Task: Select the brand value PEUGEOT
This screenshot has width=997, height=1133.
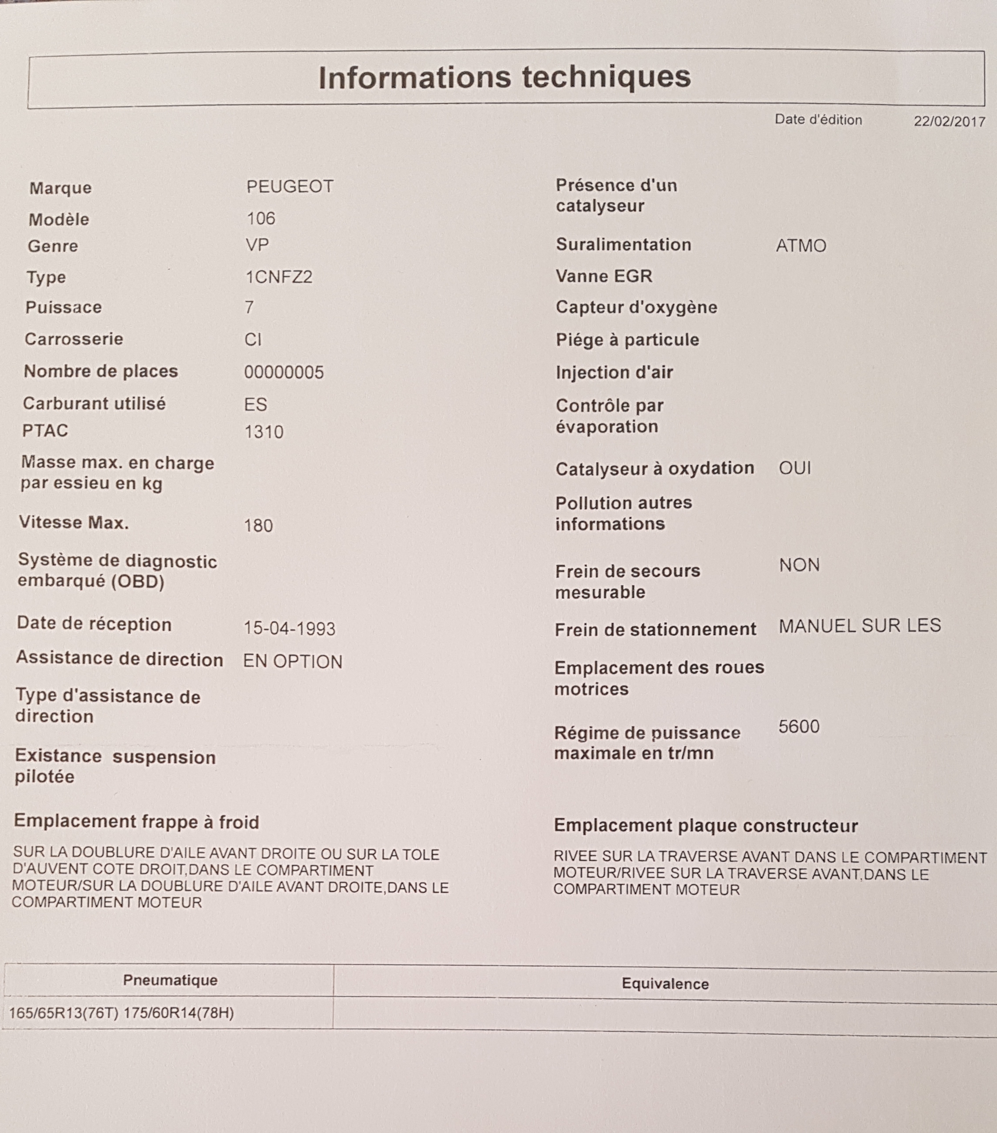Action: [x=290, y=186]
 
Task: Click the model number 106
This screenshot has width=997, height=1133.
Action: [x=261, y=219]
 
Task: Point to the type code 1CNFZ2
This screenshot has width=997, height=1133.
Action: [x=279, y=276]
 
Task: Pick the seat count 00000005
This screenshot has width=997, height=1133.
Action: [x=284, y=372]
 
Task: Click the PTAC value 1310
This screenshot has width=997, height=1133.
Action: [x=264, y=432]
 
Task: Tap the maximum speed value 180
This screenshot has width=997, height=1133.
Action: [x=258, y=525]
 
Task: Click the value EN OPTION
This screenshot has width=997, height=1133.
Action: [x=293, y=661]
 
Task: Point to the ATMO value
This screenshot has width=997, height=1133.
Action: [x=801, y=246]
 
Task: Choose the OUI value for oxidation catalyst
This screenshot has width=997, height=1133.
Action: [x=795, y=468]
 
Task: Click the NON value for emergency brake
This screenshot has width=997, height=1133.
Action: [x=799, y=565]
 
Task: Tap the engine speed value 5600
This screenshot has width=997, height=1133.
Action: [x=799, y=726]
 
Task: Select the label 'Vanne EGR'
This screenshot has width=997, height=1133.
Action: [x=604, y=276]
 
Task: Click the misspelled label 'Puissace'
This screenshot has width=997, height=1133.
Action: [x=64, y=307]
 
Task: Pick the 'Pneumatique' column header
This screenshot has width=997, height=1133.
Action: [x=170, y=980]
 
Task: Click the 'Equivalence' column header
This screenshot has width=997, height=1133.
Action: [x=665, y=984]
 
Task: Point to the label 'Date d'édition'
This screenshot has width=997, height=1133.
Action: [x=818, y=120]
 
